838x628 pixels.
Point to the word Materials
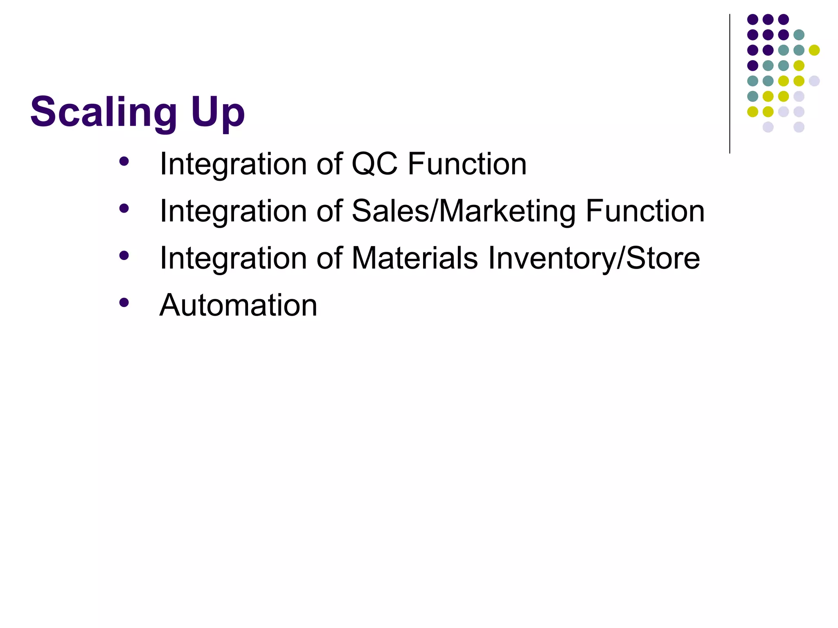click(414, 258)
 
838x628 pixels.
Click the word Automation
click(238, 305)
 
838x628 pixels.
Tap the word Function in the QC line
click(467, 164)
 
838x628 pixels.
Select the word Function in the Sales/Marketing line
click(645, 211)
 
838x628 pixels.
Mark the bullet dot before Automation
click(124, 303)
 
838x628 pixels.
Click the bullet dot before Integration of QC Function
click(124, 161)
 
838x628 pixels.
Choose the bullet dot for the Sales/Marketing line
click(124, 209)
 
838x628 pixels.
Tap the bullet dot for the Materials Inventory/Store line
click(124, 256)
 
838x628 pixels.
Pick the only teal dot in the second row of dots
click(799, 35)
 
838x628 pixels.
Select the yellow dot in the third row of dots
click(814, 50)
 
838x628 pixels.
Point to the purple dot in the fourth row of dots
click(752, 65)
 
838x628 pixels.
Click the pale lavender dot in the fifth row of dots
click(814, 81)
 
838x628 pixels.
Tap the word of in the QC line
click(329, 164)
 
